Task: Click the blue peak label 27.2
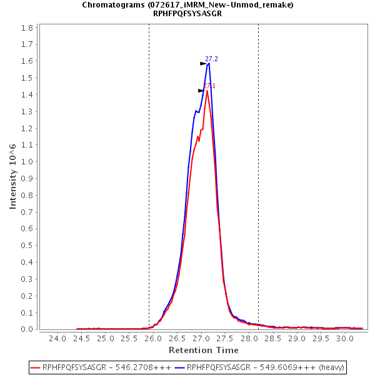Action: [x=211, y=59]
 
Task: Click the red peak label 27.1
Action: [x=209, y=86]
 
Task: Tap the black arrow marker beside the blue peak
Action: [x=203, y=64]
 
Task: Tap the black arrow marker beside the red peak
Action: [x=201, y=91]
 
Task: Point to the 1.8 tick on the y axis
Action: [x=27, y=28]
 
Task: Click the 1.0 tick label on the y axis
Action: [x=27, y=162]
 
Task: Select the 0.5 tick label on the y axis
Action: [x=27, y=246]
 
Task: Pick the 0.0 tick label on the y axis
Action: [x=27, y=329]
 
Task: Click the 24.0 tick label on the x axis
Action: [x=57, y=339]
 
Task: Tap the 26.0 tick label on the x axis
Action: [x=153, y=339]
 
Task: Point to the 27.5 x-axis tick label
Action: [x=225, y=339]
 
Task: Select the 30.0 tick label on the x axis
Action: [x=345, y=339]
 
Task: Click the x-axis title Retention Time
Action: [x=203, y=350]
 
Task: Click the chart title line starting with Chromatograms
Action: [x=187, y=5]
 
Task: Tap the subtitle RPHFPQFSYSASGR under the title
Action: [x=187, y=14]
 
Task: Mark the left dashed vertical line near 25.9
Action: [x=149, y=175]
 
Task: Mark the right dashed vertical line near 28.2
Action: [x=258, y=175]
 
